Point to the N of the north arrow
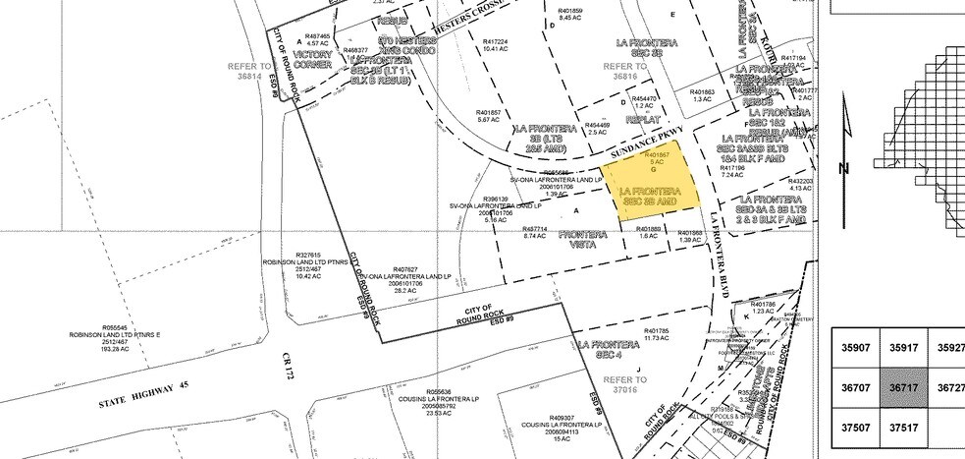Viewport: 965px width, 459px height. (843, 167)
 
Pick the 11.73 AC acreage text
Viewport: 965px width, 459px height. (657, 337)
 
